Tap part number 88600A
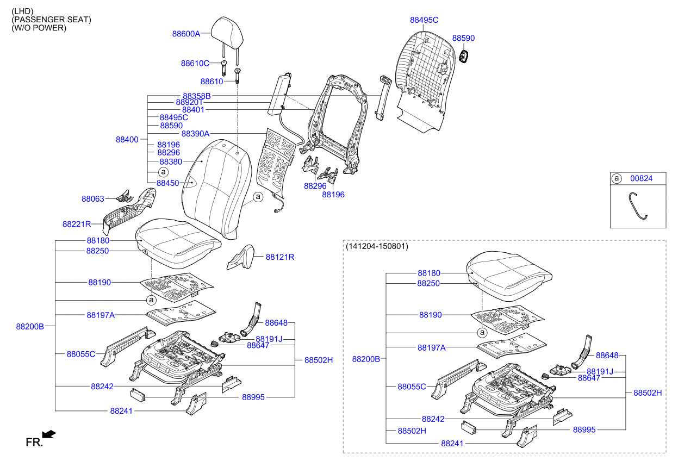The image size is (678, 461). [186, 34]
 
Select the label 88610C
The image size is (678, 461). [195, 64]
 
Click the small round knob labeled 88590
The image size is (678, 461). [464, 56]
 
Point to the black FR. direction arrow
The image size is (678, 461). [49, 434]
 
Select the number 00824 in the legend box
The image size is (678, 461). [641, 178]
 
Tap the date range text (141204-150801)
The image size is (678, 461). [377, 246]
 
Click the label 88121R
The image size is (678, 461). [279, 257]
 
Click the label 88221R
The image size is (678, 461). [76, 224]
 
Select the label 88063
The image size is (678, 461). [92, 199]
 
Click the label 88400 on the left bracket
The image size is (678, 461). [127, 140]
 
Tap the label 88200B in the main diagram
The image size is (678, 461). [29, 327]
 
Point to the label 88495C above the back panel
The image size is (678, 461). [424, 20]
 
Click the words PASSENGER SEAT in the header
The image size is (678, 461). [51, 20]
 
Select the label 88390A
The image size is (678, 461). [195, 134]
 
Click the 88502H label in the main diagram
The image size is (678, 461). [318, 360]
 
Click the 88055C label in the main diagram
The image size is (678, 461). [81, 354]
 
